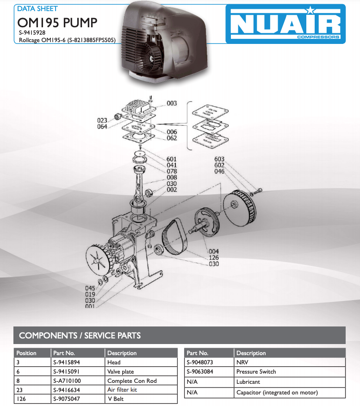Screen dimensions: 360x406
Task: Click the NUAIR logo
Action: click(x=286, y=24)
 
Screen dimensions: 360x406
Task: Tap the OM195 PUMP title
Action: click(x=57, y=23)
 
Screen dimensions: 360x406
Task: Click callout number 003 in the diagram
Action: click(x=172, y=103)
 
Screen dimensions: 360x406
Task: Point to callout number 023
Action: click(x=102, y=120)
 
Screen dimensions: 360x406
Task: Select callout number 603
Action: click(x=219, y=159)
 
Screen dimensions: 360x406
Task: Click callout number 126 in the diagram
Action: click(x=214, y=258)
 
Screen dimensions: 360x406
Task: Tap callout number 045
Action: click(x=90, y=288)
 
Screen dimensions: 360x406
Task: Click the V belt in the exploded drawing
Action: click(x=174, y=237)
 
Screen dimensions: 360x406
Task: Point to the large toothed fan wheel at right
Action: click(x=240, y=208)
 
